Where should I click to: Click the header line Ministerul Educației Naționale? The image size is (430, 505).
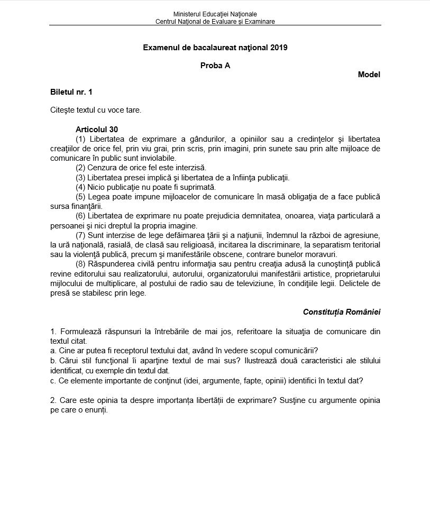[215, 14]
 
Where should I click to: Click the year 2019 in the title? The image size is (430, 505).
[279, 48]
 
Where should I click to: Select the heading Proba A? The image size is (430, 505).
[215, 66]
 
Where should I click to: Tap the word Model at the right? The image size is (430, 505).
[369, 75]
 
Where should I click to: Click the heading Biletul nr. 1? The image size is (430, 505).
[71, 92]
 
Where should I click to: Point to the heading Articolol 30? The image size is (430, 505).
[97, 130]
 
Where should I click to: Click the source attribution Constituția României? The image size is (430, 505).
[341, 312]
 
